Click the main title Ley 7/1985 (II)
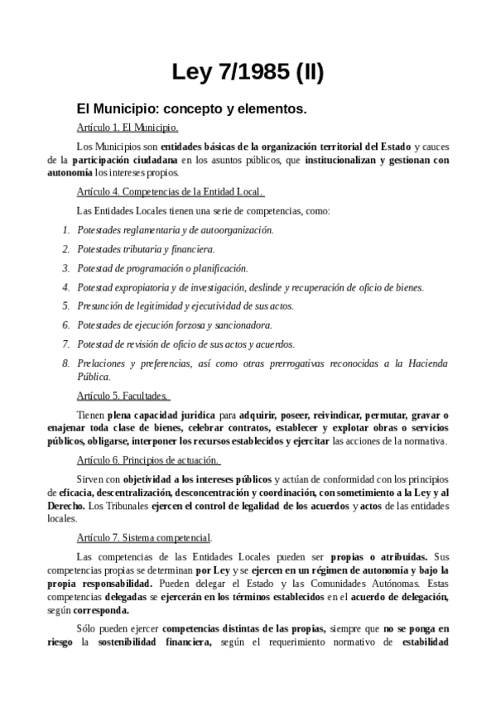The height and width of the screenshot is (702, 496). click(248, 73)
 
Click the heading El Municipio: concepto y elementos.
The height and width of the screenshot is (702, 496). click(191, 108)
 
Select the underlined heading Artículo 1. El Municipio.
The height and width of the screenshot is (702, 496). click(127, 127)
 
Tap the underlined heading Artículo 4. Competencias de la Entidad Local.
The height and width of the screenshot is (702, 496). click(170, 192)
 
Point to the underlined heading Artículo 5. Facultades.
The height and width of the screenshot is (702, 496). click(123, 395)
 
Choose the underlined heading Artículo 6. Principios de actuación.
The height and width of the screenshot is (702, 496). click(147, 459)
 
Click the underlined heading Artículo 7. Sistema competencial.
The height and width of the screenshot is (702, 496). click(143, 536)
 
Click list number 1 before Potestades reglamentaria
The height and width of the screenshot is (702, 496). click(66, 229)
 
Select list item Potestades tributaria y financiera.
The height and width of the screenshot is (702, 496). click(146, 248)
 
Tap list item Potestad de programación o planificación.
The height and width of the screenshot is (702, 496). click(162, 267)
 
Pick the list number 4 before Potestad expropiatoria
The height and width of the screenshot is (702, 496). click(66, 287)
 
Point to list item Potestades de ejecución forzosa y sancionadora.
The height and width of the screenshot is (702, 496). click(174, 325)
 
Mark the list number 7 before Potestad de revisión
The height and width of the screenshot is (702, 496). click(66, 344)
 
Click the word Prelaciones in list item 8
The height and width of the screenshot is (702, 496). click(101, 363)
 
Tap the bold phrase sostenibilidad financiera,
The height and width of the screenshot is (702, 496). click(157, 642)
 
